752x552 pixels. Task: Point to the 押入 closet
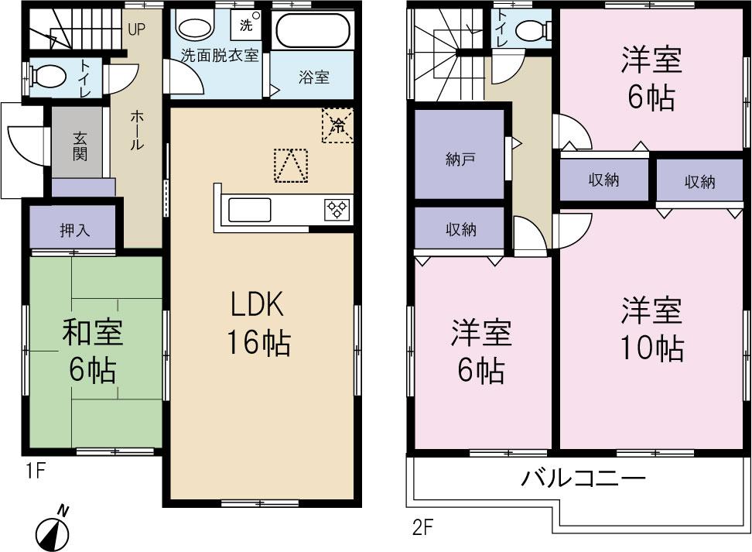(x=74, y=230)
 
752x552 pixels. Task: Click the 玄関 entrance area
(x=79, y=144)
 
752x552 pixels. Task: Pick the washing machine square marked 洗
(x=246, y=24)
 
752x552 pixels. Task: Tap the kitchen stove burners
(x=337, y=209)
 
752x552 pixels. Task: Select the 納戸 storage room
(x=460, y=158)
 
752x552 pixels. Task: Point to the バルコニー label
(x=583, y=478)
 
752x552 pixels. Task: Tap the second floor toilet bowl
(x=532, y=29)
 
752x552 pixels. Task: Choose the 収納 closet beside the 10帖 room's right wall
(x=699, y=182)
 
